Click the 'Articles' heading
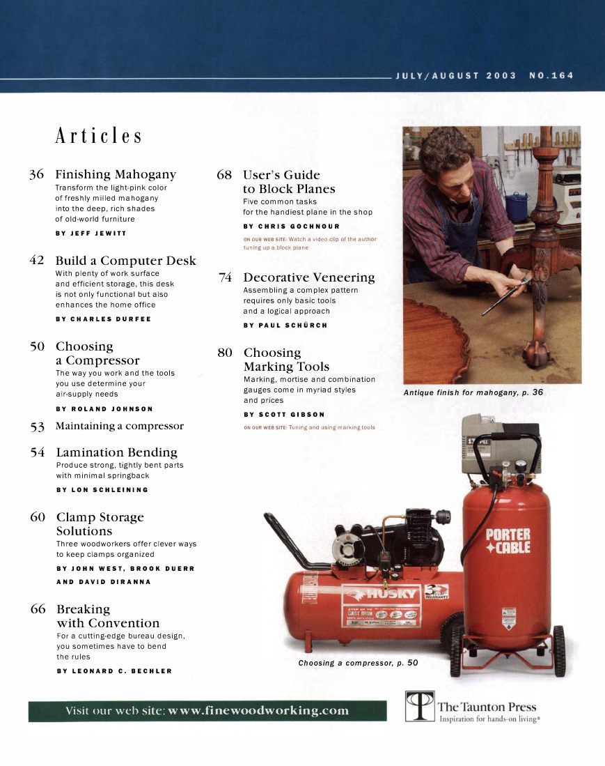(x=98, y=136)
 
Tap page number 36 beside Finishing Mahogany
(x=37, y=174)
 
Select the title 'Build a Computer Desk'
(x=125, y=261)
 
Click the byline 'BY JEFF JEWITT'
(x=91, y=233)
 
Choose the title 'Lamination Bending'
(x=116, y=452)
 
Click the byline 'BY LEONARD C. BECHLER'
(x=113, y=671)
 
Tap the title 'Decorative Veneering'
(x=308, y=277)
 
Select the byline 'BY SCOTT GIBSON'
(x=283, y=414)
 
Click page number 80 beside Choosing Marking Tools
(x=224, y=353)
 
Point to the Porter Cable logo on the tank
(x=508, y=541)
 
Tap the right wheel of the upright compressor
(x=558, y=650)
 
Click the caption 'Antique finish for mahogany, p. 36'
(x=473, y=392)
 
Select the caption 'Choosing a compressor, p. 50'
(x=358, y=663)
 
